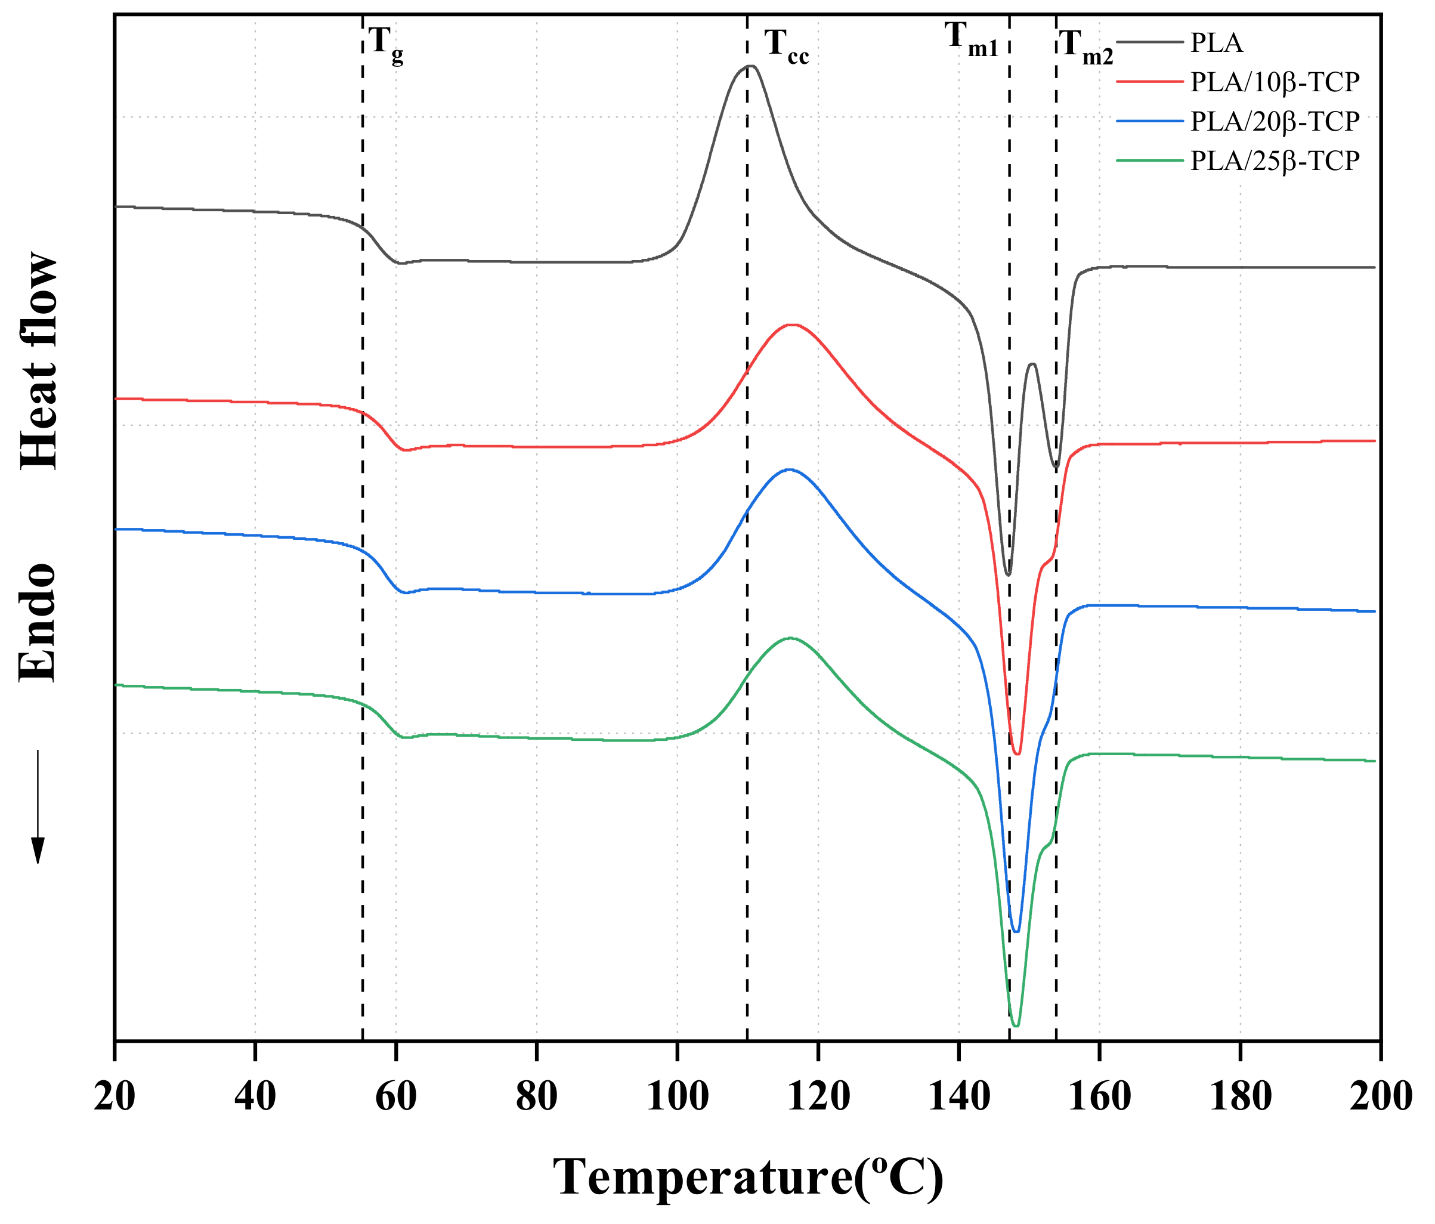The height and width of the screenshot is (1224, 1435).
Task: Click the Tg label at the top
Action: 385,45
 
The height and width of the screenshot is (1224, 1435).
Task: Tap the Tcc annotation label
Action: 786,47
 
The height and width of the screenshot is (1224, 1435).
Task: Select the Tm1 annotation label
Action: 972,39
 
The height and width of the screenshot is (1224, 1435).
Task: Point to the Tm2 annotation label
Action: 1085,48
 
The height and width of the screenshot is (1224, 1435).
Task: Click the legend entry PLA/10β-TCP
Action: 1275,82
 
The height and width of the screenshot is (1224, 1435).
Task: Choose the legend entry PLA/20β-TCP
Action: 1275,121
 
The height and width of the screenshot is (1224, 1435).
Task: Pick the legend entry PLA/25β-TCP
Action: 1275,160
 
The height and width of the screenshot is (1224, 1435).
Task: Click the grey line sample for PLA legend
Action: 1150,43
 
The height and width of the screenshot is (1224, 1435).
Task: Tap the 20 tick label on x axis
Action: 115,1096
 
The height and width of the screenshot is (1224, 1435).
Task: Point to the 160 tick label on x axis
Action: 1099,1096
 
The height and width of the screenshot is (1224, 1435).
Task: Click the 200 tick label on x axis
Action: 1380,1096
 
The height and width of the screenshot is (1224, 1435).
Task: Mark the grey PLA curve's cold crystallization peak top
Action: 751,66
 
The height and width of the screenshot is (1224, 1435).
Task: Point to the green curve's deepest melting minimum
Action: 1016,1025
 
